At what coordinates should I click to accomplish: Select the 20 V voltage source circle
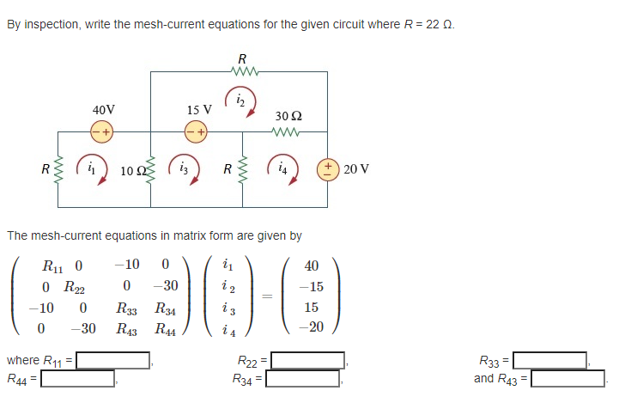[327, 168]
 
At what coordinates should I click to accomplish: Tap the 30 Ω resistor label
[288, 115]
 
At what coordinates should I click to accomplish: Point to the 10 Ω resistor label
[132, 170]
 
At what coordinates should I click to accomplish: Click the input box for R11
[114, 360]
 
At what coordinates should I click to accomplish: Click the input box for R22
[308, 360]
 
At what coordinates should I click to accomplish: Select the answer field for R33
[549, 360]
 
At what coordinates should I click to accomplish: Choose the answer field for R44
[78, 378]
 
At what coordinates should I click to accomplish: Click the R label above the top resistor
[241, 59]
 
